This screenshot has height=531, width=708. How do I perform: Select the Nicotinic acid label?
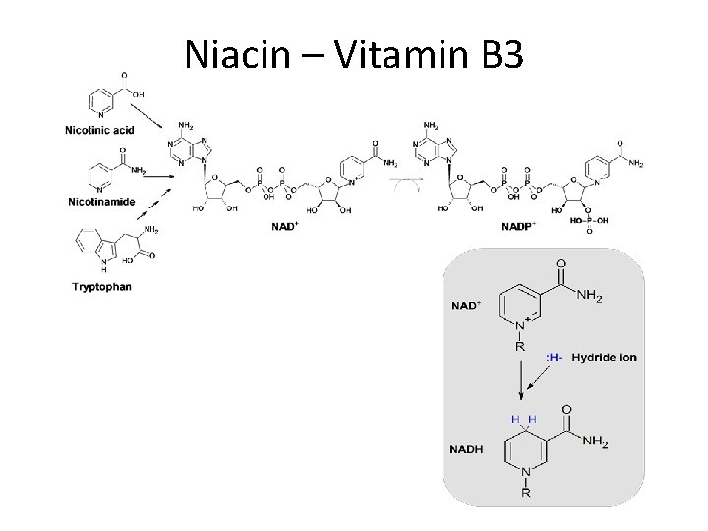click(x=99, y=129)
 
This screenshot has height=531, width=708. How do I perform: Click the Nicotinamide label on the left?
click(x=100, y=201)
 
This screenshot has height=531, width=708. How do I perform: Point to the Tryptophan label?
click(x=101, y=287)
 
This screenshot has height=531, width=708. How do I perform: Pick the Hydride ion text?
click(x=604, y=357)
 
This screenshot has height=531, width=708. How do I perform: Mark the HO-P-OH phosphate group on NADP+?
click(x=587, y=222)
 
